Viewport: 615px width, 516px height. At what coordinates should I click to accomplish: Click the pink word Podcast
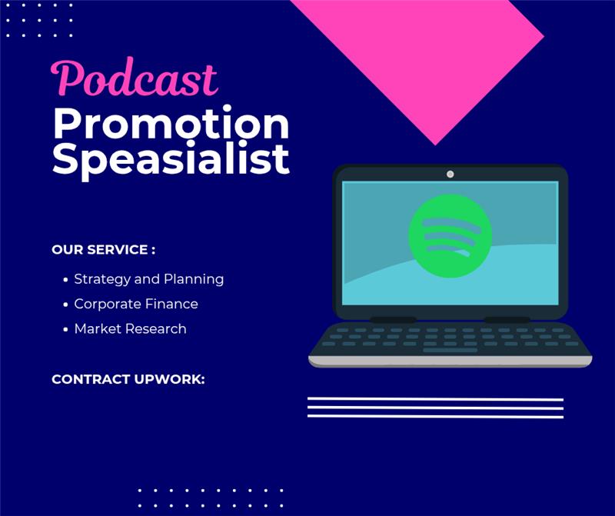coord(134,79)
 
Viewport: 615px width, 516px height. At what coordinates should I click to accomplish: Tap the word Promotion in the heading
coord(171,123)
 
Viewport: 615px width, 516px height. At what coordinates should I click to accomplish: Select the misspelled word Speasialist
coord(171,158)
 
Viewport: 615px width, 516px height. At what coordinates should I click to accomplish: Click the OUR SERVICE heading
coord(103,250)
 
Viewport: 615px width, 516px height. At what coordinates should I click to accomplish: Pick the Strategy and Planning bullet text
coord(148,279)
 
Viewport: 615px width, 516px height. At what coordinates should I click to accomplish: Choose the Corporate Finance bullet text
coord(136,304)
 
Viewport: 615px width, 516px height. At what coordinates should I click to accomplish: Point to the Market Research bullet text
coord(130,328)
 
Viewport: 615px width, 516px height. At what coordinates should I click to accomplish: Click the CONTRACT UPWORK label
coord(128,379)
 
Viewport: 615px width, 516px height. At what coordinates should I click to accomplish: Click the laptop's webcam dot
coord(450,174)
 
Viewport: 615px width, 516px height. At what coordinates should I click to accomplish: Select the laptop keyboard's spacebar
coord(450,351)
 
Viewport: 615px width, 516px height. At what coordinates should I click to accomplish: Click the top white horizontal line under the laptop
coord(435,399)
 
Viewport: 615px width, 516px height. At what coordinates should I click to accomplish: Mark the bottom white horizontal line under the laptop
coord(435,416)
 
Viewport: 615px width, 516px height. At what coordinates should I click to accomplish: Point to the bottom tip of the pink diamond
coord(435,144)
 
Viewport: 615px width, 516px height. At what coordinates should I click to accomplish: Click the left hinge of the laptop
coord(393,319)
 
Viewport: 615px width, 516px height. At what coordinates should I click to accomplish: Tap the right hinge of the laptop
coord(507,319)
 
